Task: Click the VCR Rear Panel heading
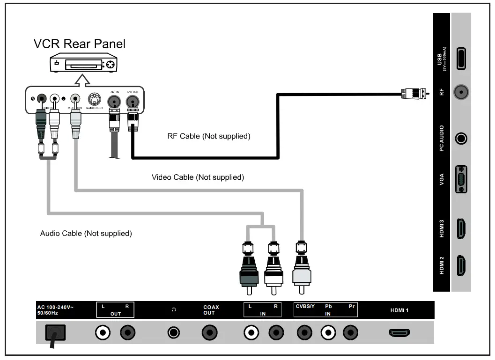[x=79, y=44]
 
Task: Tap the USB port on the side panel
[x=461, y=59]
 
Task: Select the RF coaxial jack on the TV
[x=461, y=93]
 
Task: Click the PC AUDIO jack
[x=461, y=139]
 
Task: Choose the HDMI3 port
[x=461, y=228]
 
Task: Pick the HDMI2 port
[x=461, y=265]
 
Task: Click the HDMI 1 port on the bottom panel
[x=399, y=333]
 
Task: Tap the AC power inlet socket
[x=55, y=333]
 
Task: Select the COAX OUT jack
[x=209, y=333]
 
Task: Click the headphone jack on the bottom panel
[x=174, y=333]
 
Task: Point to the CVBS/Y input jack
[x=305, y=333]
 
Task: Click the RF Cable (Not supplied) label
[x=209, y=137]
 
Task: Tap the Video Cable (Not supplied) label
[x=198, y=177]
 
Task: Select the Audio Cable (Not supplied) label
[x=86, y=233]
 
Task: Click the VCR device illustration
[x=83, y=64]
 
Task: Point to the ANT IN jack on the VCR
[x=114, y=100]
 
